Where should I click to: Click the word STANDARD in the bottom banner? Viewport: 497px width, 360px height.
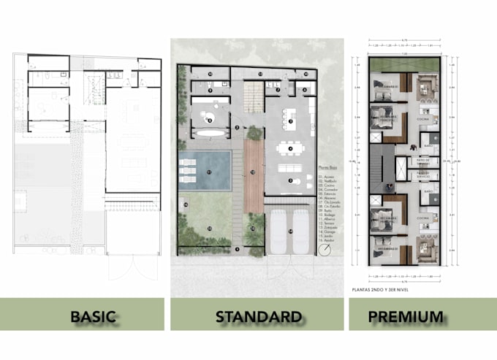coord(259,316)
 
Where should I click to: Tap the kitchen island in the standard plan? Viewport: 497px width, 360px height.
coord(290,122)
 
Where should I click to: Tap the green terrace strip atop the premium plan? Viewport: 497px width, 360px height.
coord(404,66)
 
